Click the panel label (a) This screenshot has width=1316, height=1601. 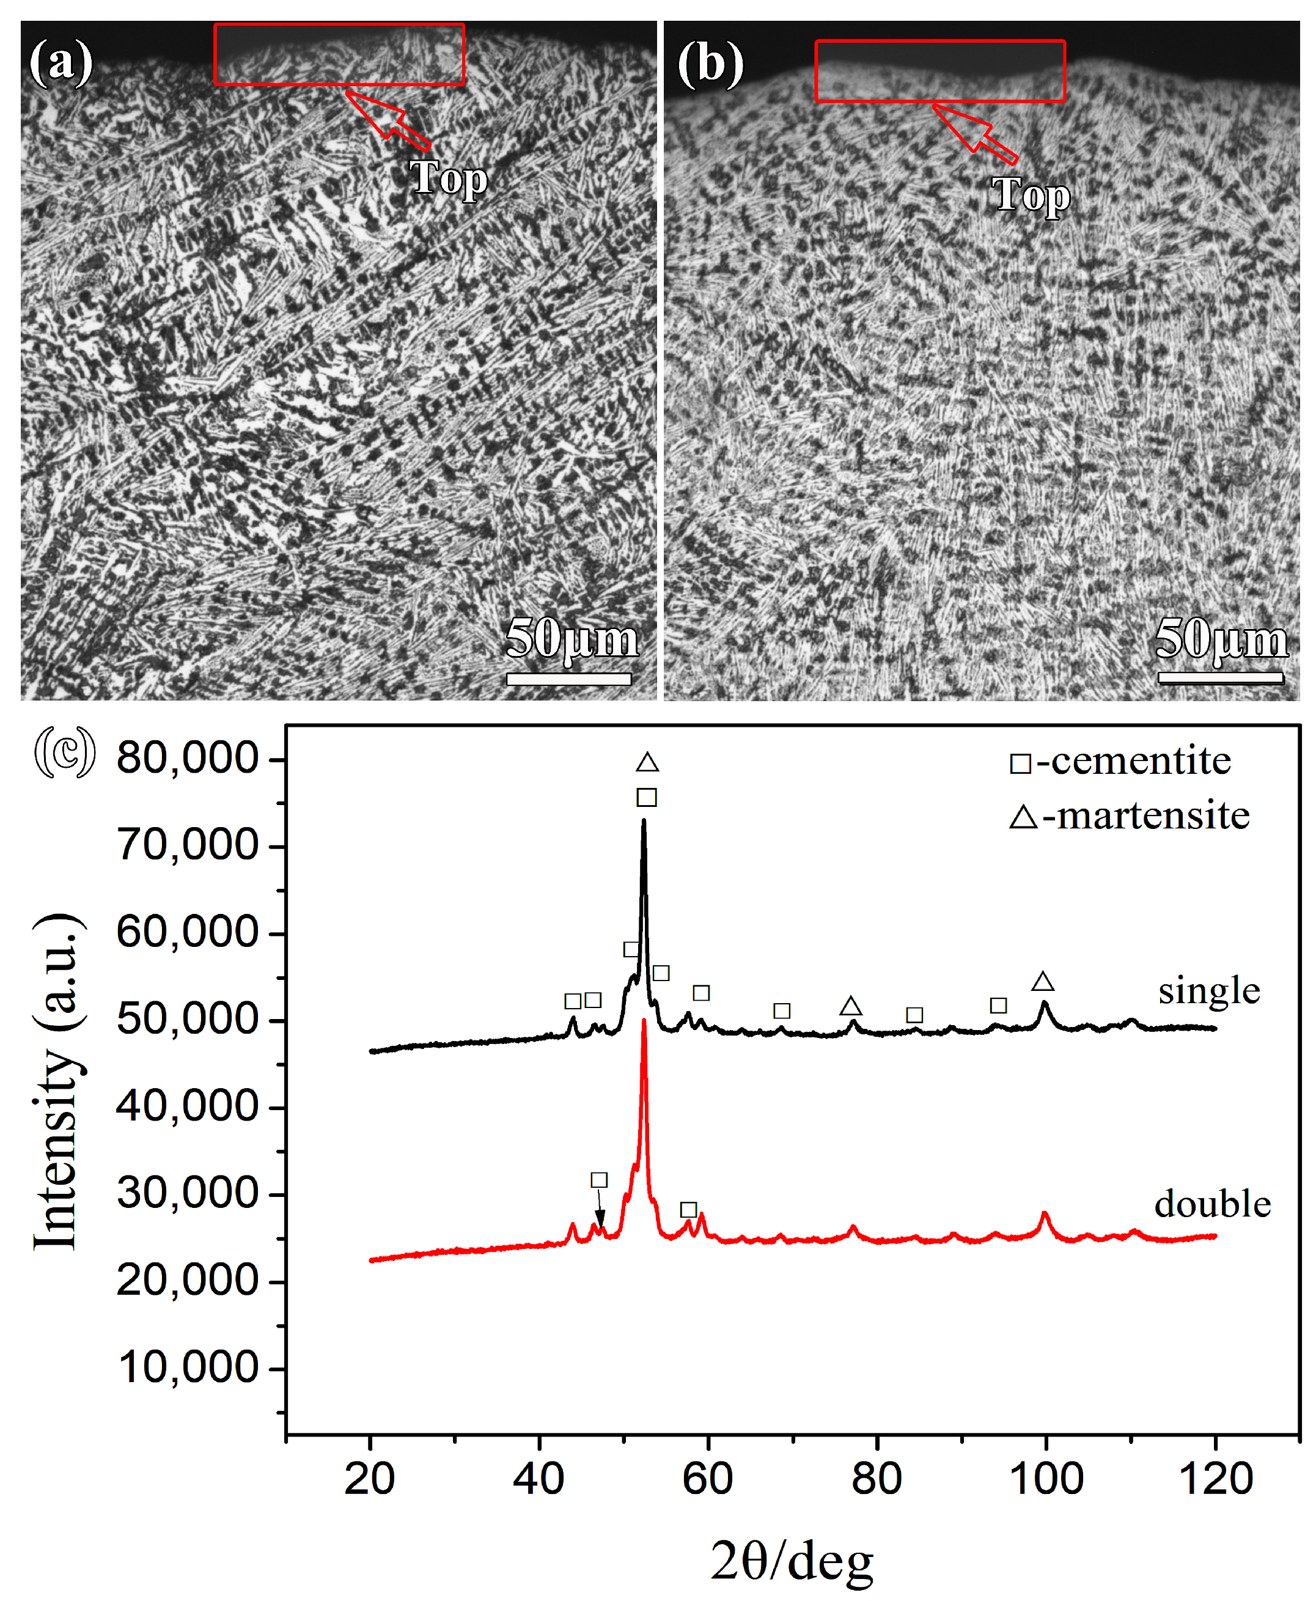tap(61, 62)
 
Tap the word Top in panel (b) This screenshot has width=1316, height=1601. tap(1031, 195)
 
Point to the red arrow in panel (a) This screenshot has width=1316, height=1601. tap(388, 120)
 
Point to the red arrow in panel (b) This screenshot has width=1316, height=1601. tap(975, 134)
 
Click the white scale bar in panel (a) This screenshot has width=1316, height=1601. tap(568, 679)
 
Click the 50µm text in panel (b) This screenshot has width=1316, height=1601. tap(1221, 638)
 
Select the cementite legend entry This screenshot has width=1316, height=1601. tap(1120, 761)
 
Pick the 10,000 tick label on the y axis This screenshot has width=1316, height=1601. tap(189, 1367)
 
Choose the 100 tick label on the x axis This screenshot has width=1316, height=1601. tap(1046, 1478)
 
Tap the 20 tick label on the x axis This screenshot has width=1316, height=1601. tap(370, 1478)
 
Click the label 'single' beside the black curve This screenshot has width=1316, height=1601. tap(1208, 991)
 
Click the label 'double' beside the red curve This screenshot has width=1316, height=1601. tap(1212, 1204)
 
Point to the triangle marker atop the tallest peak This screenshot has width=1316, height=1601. tap(647, 762)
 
